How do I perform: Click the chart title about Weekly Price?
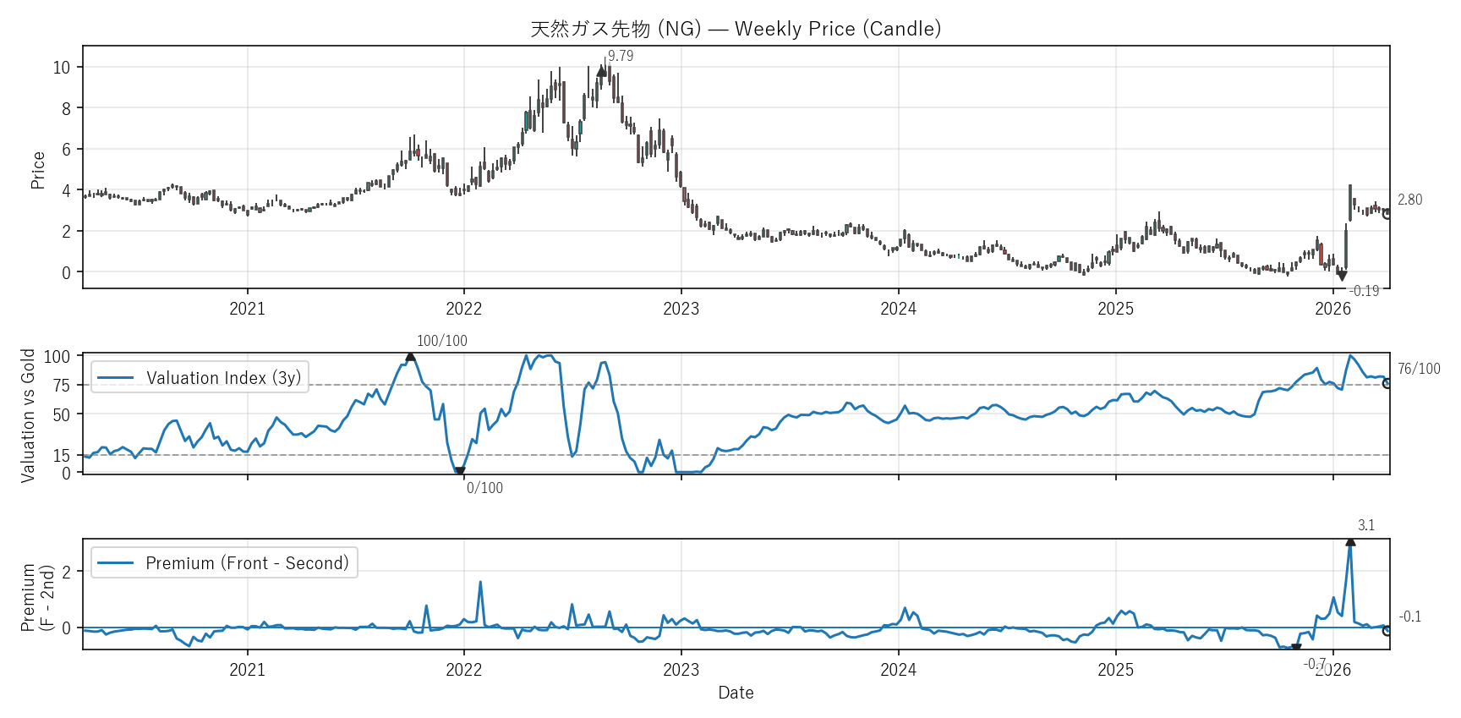pyautogui.click(x=736, y=29)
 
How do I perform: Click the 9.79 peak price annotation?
pyautogui.click(x=621, y=56)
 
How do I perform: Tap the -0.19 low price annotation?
pyautogui.click(x=1364, y=291)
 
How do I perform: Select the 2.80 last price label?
pyautogui.click(x=1409, y=200)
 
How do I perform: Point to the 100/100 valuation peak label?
pyautogui.click(x=441, y=341)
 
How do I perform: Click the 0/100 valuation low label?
pyautogui.click(x=484, y=488)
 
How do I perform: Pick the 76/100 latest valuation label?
pyautogui.click(x=1419, y=369)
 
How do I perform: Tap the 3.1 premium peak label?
pyautogui.click(x=1365, y=525)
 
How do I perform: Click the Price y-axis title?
pyautogui.click(x=37, y=170)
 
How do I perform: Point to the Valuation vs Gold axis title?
pyautogui.click(x=28, y=415)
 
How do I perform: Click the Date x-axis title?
pyautogui.click(x=736, y=693)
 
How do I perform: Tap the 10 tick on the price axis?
pyautogui.click(x=62, y=68)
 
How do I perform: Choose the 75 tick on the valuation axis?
pyautogui.click(x=62, y=386)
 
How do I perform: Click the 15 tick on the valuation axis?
pyautogui.click(x=62, y=456)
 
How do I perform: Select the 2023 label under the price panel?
pyautogui.click(x=681, y=309)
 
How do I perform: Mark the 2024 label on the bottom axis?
pyautogui.click(x=898, y=670)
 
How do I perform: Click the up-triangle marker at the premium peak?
pyautogui.click(x=1350, y=541)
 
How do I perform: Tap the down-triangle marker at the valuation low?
pyautogui.click(x=460, y=472)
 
